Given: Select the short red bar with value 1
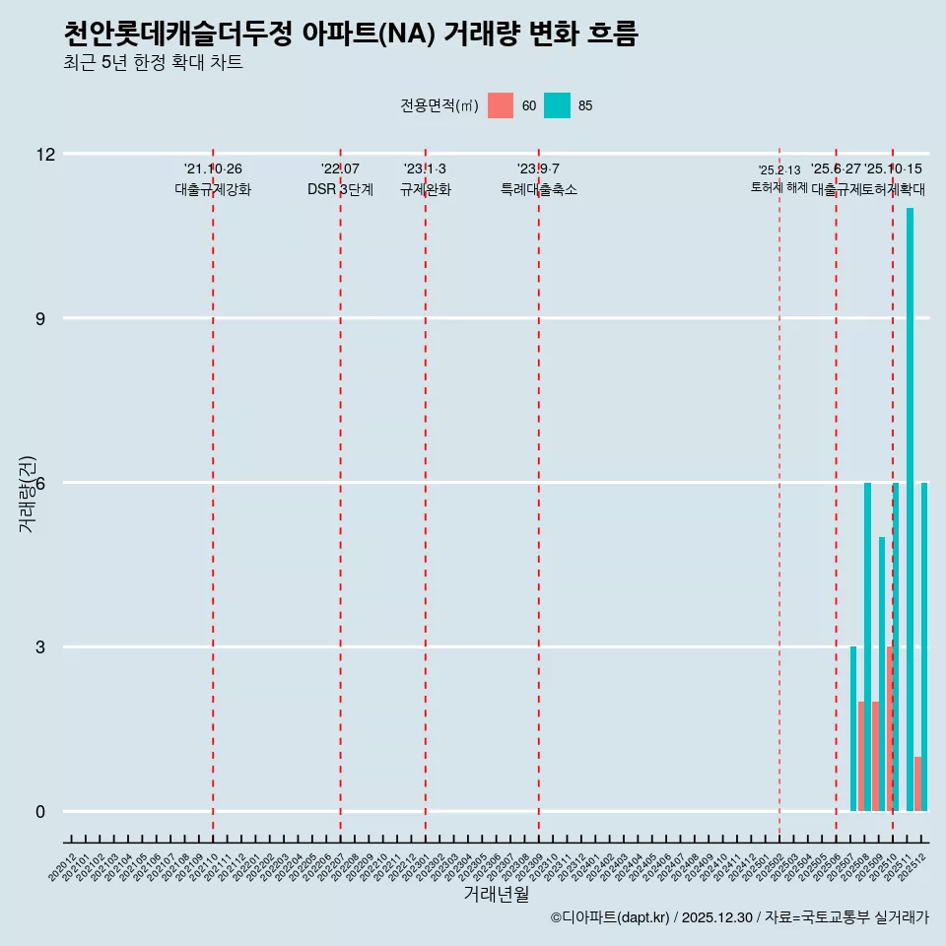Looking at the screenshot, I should coord(918,784).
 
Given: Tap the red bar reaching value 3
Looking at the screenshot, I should coord(889,729).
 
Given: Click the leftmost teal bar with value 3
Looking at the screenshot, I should coord(853,729).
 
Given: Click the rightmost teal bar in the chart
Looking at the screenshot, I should coord(924,646).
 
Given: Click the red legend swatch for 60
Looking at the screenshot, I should coord(501,105).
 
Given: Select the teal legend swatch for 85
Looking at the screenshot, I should coord(557,105).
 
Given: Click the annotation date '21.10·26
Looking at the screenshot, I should coord(213,169).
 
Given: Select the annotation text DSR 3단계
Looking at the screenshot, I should coord(340,189).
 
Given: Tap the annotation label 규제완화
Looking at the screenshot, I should coord(425,189).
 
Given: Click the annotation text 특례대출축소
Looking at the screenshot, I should coord(538,189).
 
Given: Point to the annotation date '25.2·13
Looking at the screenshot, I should coord(779,170).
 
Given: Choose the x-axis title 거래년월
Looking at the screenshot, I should coord(497,895).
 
